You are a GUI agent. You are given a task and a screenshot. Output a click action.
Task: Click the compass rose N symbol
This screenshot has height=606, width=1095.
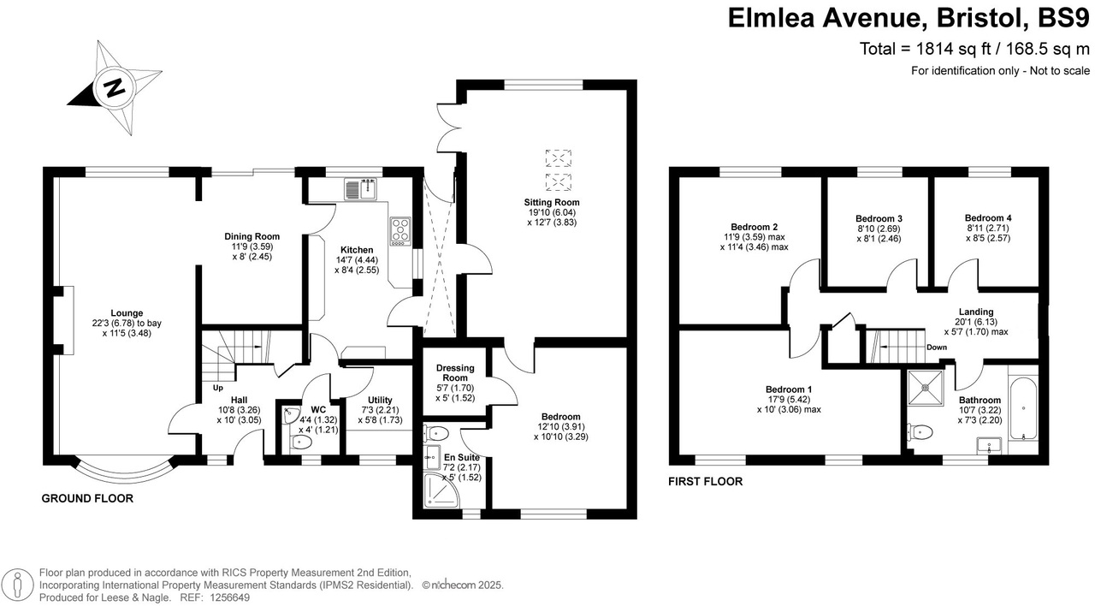tap(113, 86)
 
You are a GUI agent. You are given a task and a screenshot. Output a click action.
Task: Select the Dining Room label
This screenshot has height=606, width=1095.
tap(252, 236)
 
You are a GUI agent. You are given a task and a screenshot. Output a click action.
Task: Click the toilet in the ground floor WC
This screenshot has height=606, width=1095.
tap(299, 443)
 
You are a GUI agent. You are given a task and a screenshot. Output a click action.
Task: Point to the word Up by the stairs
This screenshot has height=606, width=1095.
tap(218, 387)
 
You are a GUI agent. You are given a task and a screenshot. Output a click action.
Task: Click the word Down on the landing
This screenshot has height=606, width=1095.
tap(937, 347)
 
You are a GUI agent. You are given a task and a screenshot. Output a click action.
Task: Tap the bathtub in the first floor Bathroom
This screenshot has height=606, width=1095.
tap(1023, 409)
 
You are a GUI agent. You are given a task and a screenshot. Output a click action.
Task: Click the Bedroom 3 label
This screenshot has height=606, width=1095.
tap(879, 218)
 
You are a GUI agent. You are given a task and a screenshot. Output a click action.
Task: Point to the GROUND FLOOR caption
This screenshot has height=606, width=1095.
tap(87, 498)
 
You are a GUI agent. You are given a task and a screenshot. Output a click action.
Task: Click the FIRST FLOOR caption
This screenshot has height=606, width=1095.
tap(705, 482)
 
